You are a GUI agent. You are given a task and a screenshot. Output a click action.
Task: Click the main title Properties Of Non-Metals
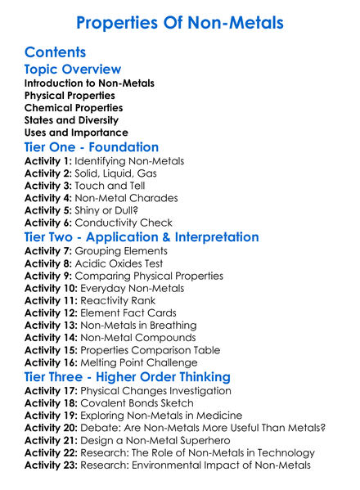coord(179,22)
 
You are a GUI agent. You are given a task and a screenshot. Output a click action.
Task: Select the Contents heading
coord(55,52)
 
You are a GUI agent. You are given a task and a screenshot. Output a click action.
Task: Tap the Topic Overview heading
coord(73,70)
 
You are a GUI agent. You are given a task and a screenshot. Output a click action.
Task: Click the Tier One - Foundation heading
coord(92,147)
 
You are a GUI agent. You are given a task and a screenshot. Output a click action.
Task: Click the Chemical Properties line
coord(74,108)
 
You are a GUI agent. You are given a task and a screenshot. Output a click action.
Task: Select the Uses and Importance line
coord(76,133)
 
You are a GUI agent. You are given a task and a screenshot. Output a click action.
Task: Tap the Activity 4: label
coord(47,197)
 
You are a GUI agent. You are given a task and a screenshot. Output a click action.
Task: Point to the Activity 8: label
coord(47,263)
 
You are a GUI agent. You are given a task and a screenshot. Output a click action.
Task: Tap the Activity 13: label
coord(51,325)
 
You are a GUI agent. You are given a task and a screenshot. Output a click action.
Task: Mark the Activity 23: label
coord(51,465)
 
